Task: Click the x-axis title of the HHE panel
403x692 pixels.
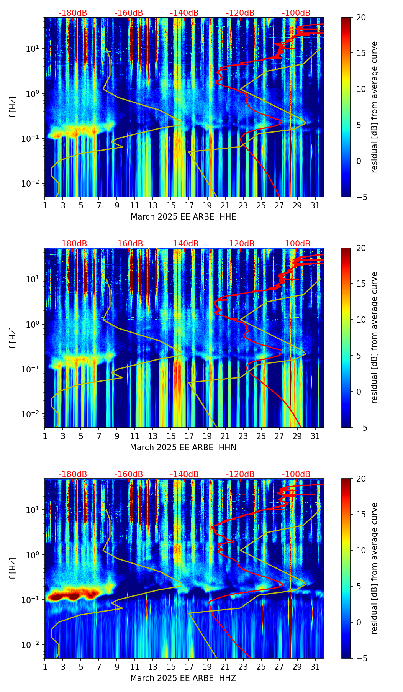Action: [183, 217]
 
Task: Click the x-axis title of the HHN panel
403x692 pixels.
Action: [183, 448]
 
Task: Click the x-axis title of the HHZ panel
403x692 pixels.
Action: [183, 678]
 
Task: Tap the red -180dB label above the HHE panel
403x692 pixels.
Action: [73, 13]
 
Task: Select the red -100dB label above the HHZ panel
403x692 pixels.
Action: [296, 474]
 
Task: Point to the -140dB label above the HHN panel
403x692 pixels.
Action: [184, 244]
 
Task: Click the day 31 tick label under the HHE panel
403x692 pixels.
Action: [315, 206]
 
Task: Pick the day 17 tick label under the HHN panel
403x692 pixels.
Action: [189, 436]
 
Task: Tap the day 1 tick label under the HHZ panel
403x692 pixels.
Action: [45, 667]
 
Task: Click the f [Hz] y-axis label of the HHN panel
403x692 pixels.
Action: [13, 338]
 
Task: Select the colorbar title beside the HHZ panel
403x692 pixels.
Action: [375, 568]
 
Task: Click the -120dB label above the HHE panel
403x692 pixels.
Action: [240, 13]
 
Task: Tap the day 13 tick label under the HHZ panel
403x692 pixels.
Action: [153, 667]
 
